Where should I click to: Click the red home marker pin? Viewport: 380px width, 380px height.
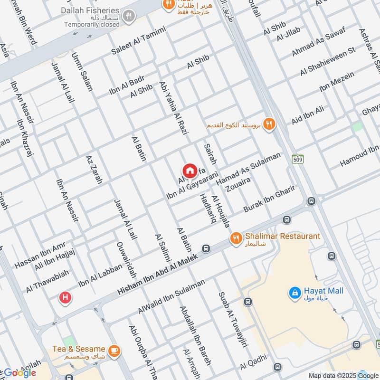point(189,171)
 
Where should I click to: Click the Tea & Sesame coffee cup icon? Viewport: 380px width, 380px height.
point(114,351)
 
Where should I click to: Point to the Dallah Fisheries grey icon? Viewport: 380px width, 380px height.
point(128,18)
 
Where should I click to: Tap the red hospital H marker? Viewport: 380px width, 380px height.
point(65,298)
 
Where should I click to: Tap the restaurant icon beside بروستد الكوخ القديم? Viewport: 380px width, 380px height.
point(269,124)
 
